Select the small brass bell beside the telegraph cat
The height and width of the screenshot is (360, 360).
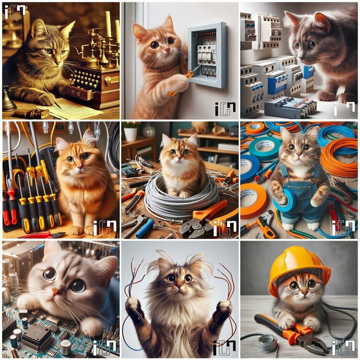click(x=9, y=101)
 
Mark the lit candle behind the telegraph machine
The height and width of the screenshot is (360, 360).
click(x=108, y=24)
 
